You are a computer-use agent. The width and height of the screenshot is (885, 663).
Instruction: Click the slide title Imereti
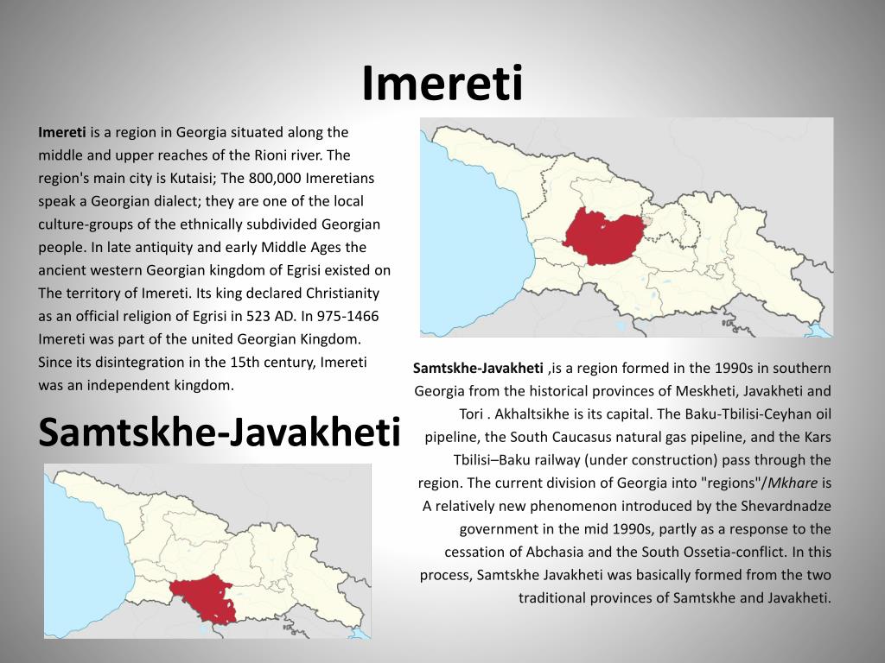(x=442, y=83)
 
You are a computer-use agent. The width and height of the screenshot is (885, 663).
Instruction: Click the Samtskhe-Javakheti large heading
(x=220, y=432)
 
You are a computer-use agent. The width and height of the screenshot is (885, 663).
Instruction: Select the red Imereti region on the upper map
(x=602, y=237)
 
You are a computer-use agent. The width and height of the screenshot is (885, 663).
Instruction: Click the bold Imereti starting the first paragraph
(x=62, y=132)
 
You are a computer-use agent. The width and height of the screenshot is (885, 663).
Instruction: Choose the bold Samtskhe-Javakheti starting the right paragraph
(x=478, y=368)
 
